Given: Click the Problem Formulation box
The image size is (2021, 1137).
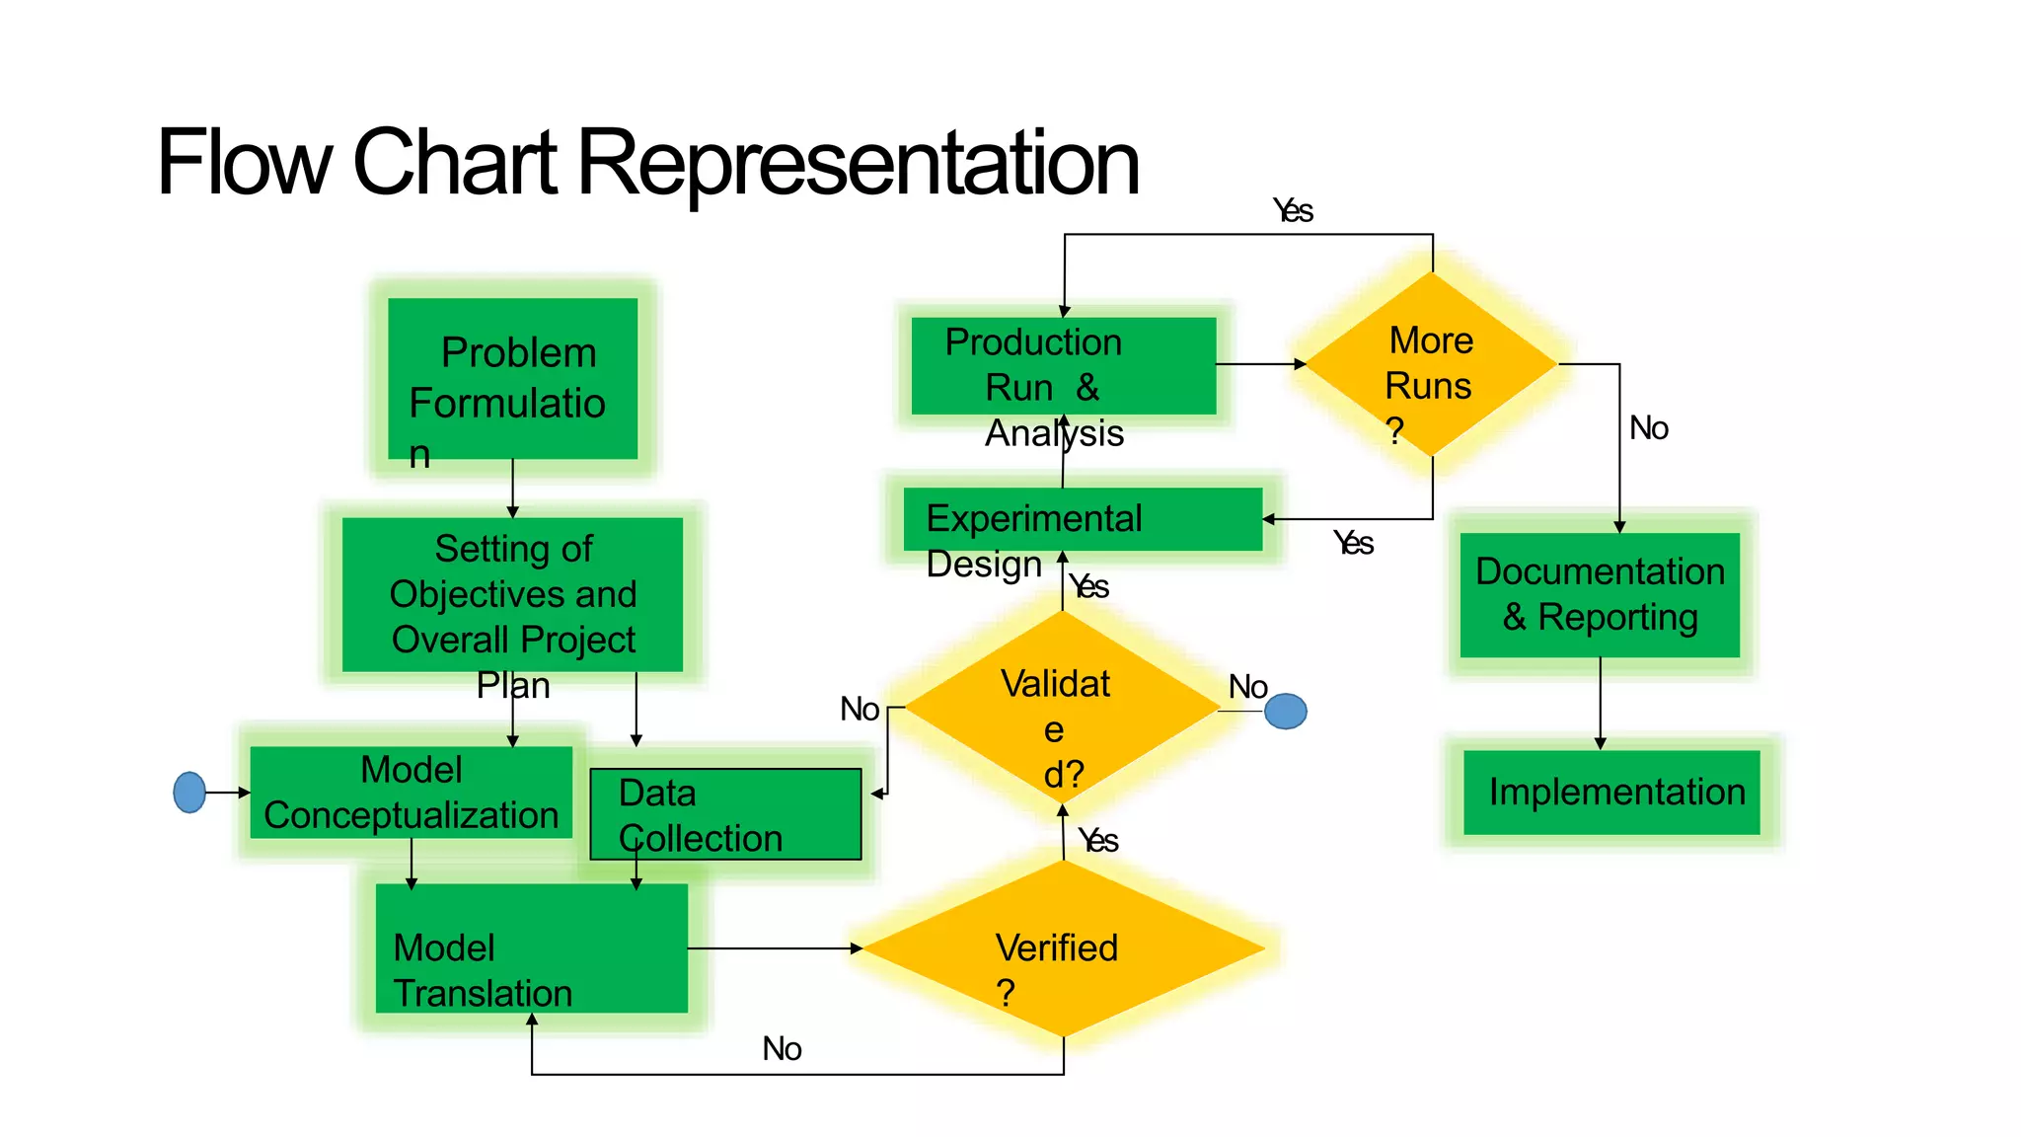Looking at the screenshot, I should (512, 379).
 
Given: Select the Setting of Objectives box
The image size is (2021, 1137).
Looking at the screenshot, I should (512, 594).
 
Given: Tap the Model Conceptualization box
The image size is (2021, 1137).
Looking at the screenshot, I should (411, 792).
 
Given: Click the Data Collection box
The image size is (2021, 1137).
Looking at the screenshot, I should (725, 814).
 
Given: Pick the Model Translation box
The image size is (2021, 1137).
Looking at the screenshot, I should (531, 947).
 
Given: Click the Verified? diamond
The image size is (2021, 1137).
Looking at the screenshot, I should (1063, 948).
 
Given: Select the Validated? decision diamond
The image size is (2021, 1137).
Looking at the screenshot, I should (1062, 708).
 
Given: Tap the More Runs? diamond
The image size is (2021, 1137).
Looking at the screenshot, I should (1431, 364).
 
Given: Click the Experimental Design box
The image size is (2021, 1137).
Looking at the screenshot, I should (1083, 519).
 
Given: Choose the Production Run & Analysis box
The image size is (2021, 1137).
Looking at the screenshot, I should (1063, 365).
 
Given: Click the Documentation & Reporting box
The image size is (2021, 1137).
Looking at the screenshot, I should (1600, 595).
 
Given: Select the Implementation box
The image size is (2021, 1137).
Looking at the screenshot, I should (1611, 792).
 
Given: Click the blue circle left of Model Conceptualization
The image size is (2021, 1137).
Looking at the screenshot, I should (189, 792).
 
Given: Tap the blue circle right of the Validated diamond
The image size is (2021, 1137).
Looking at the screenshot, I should (1285, 711).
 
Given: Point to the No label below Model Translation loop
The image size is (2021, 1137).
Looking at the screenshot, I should (782, 1048).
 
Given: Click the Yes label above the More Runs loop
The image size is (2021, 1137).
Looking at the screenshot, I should (1293, 210).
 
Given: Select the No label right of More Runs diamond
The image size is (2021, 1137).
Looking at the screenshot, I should (1648, 428).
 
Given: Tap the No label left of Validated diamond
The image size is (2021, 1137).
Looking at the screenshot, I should (860, 709).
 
